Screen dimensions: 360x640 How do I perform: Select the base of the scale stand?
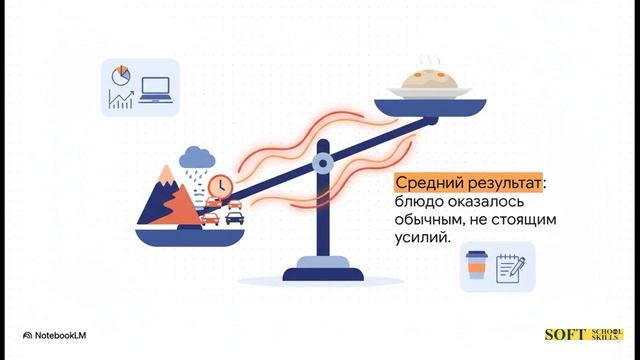point(322,272)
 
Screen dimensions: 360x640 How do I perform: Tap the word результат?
point(504,186)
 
